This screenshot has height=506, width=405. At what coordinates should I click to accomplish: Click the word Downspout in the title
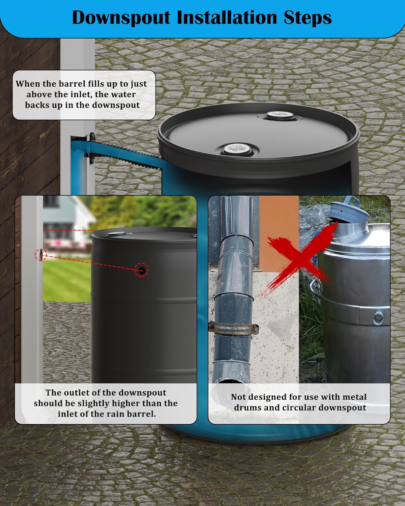coord(121,18)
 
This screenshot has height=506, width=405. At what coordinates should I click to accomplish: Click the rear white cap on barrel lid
coord(281,116)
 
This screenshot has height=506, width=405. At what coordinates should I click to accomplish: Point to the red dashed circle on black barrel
coord(141,270)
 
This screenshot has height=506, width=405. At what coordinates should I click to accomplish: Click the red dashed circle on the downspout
coord(41,255)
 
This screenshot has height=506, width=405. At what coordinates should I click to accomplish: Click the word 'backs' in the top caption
coord(36,105)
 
